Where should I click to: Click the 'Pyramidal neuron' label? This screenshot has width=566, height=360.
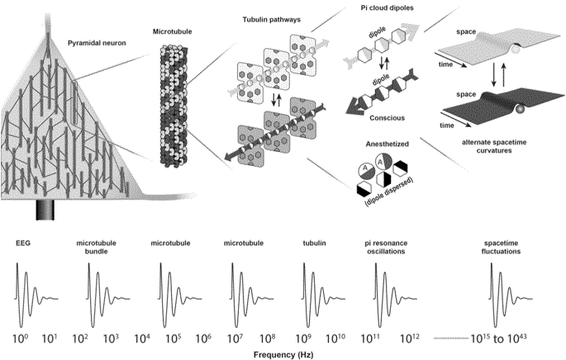[x=97, y=43]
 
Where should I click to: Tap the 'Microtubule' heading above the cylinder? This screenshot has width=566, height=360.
[x=172, y=31]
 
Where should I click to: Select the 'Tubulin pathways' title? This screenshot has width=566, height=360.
[x=272, y=20]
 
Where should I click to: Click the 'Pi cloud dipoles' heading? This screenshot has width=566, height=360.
[x=387, y=7]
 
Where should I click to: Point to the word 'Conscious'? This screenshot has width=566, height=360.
[x=387, y=118]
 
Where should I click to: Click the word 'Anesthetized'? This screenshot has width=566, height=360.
[x=387, y=144]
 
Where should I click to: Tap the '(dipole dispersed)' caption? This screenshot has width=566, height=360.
[x=389, y=192]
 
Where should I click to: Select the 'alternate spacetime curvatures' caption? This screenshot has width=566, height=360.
[x=494, y=146]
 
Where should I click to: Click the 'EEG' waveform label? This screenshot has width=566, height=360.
[x=23, y=243]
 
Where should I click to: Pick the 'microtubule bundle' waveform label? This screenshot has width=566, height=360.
[x=96, y=247]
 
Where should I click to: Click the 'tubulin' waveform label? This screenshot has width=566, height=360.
[x=314, y=243]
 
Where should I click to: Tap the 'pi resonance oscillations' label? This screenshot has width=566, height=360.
[x=386, y=247]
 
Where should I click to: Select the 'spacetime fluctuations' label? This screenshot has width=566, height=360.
[x=501, y=247]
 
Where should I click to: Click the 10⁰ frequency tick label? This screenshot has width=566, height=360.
[x=20, y=339]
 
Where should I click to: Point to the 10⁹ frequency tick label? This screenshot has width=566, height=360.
[x=303, y=339]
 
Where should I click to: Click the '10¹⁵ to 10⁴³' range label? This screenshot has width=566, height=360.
[x=498, y=339]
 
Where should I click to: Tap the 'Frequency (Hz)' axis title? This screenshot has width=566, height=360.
[x=283, y=354]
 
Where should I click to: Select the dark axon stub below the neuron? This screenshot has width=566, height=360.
[x=45, y=210]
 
